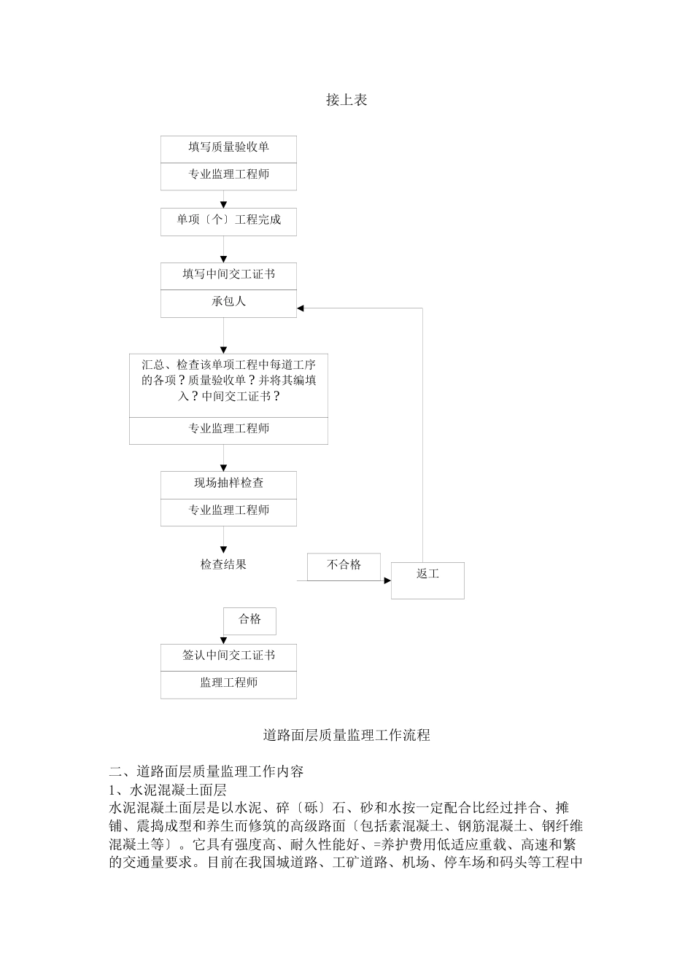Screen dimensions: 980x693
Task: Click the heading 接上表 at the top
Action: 346,101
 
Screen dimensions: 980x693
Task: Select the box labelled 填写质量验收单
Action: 228,148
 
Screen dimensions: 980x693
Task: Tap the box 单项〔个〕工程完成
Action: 228,221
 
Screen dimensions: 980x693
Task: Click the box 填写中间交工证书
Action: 228,276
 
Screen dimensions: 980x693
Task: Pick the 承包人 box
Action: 228,303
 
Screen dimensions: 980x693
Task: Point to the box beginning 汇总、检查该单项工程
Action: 228,380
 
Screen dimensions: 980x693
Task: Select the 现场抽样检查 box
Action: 228,484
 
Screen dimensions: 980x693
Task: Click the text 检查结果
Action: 223,564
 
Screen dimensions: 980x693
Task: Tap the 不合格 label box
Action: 344,566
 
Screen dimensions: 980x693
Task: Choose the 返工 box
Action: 427,580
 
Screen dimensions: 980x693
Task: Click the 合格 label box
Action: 250,620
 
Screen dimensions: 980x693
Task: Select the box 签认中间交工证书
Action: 228,656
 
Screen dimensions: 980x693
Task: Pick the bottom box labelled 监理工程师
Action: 228,684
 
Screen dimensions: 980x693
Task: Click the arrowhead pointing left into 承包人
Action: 301,308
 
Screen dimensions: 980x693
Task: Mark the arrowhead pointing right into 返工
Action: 387,581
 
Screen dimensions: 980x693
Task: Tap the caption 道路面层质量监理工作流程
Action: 346,735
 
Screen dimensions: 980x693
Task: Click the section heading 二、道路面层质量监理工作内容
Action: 206,771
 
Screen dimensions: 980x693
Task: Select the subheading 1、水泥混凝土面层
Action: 168,790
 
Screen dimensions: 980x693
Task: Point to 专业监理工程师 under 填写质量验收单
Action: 228,176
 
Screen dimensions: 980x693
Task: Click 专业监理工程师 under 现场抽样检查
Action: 228,511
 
